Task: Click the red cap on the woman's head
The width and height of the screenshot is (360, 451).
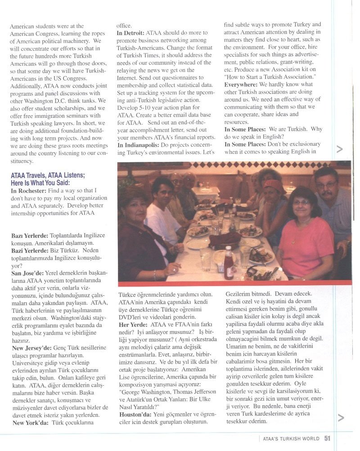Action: tap(273, 185)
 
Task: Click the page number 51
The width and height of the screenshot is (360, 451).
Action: tap(328, 438)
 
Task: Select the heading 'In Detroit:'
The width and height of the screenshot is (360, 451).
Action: tap(130, 33)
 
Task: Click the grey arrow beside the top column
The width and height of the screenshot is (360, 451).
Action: tap(340, 149)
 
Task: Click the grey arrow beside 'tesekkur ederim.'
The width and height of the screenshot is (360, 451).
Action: tap(340, 418)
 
